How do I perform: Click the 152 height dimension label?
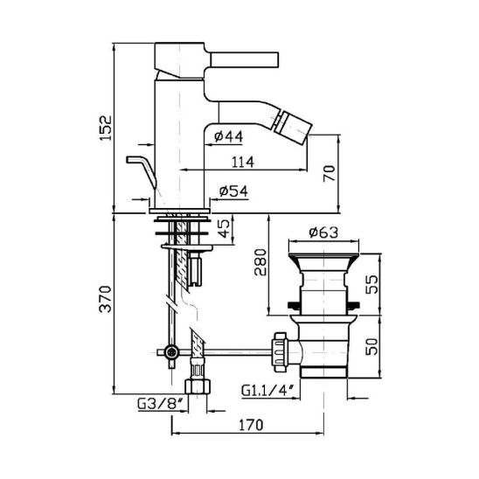pos(107,128)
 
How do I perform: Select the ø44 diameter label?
pos(229,136)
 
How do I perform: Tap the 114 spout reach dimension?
pos(243,162)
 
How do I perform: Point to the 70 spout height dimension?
pos(330,173)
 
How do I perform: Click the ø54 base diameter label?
pos(233,191)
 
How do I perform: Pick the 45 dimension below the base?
pos(225,228)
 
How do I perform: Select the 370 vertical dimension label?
pos(107,298)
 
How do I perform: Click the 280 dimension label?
pos(260,262)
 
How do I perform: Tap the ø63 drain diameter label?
pos(323,233)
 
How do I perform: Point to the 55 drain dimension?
pos(371,284)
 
